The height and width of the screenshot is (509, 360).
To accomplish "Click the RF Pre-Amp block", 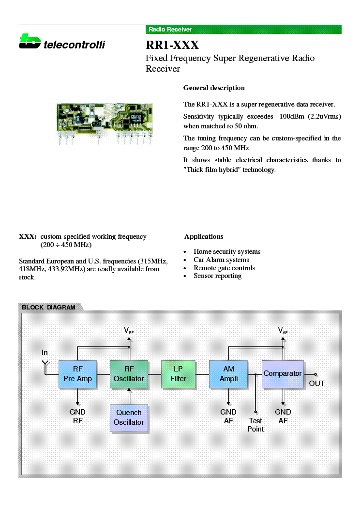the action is [x=78, y=374].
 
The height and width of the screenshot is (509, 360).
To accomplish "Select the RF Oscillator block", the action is [x=129, y=374].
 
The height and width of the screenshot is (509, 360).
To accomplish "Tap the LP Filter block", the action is [x=179, y=374].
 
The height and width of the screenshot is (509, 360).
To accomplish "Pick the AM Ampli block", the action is [x=228, y=374].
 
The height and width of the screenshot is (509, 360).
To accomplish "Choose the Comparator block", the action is [x=283, y=374].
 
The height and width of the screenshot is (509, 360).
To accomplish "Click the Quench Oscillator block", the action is [x=129, y=418].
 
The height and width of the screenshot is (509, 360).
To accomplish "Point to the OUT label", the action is [x=316, y=384].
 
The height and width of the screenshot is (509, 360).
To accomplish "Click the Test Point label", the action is [x=255, y=425].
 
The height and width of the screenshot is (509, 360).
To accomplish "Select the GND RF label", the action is [x=77, y=416].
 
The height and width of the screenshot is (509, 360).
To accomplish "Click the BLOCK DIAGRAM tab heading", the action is [x=49, y=307].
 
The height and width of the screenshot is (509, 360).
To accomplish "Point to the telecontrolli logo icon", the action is [x=30, y=41].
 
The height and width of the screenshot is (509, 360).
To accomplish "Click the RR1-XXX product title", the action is [x=172, y=45].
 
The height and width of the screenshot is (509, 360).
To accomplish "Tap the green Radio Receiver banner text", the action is [x=170, y=29].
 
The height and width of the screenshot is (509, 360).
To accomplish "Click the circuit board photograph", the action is [x=104, y=124].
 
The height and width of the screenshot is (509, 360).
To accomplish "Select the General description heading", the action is [x=214, y=88].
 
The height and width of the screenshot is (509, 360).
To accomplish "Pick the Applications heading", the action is [x=204, y=236].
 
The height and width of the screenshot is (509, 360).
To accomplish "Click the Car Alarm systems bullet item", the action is [x=221, y=260].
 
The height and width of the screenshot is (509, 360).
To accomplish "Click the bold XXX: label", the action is [x=28, y=236].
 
